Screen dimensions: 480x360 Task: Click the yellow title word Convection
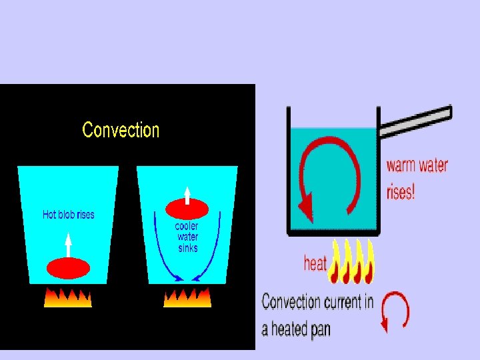tap(121, 130)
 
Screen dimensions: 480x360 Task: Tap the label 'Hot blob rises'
tap(68, 215)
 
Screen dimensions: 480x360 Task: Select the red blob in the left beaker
tap(68, 267)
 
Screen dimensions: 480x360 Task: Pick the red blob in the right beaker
tap(187, 209)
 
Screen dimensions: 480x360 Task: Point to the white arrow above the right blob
tap(187, 194)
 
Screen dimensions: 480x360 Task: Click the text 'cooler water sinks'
tap(187, 237)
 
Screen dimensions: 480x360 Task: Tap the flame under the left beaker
tap(68, 297)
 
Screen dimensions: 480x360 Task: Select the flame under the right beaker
tap(187, 297)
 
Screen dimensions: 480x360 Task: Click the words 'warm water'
tap(417, 165)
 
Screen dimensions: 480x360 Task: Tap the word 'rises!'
tap(401, 192)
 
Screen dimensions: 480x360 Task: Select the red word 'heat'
tap(315, 264)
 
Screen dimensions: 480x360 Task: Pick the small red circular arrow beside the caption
tap(395, 311)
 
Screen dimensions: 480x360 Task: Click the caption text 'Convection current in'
tap(317, 302)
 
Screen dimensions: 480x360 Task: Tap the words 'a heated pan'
tap(296, 329)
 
